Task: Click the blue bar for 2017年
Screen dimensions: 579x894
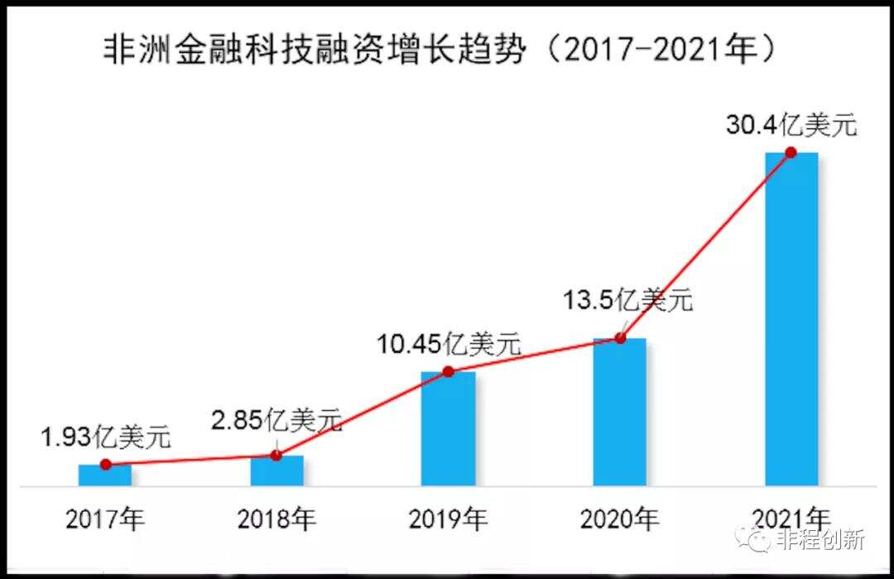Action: coord(105,475)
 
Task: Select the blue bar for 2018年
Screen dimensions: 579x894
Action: coord(276,470)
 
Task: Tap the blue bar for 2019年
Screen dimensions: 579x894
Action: coord(448,429)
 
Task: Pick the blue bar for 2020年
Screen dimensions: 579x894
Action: coord(619,413)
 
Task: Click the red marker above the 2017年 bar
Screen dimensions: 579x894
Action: coord(105,465)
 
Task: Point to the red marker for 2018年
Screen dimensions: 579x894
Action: coord(276,456)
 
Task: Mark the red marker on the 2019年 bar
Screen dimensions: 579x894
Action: coord(448,371)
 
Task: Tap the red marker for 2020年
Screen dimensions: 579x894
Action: coord(619,338)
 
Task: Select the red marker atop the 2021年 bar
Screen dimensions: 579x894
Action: coord(791,152)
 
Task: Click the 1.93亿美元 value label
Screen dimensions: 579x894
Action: coord(106,436)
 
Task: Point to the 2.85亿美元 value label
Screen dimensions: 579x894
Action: coord(276,420)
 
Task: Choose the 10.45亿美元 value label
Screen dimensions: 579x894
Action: coord(448,343)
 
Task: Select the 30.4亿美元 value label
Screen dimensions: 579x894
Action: coord(791,126)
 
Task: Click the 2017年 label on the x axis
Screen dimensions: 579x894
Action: coord(105,519)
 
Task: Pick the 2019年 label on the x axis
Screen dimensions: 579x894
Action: coord(448,519)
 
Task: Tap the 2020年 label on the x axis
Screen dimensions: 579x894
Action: coord(619,519)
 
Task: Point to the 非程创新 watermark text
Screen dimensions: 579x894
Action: coord(820,540)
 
